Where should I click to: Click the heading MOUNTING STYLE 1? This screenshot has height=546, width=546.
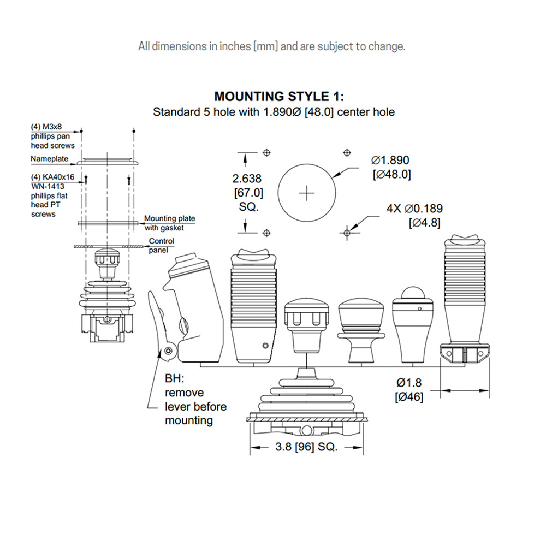coord(279,96)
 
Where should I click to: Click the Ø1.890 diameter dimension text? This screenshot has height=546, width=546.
coord(390,160)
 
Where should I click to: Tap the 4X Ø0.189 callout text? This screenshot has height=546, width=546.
coord(414,209)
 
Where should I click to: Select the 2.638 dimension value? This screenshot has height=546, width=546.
coord(247,179)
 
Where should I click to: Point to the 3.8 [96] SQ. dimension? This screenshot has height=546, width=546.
coord(306,447)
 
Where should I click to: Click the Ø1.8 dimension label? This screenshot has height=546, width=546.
coord(409,383)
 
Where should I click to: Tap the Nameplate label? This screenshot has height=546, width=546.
coord(50,159)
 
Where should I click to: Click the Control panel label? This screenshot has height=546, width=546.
coord(161,246)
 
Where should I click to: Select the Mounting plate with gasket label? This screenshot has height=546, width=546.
coord(170,223)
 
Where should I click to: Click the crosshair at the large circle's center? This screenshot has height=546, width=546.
coord(307,193)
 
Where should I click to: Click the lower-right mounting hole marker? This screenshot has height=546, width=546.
coord(347,233)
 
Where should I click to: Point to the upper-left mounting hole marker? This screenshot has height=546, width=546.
coord(267,152)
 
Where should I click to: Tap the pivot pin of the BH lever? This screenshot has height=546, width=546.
coord(169,351)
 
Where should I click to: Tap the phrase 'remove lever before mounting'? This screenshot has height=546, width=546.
coord(195,406)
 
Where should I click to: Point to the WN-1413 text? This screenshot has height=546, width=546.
coord(48,186)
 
